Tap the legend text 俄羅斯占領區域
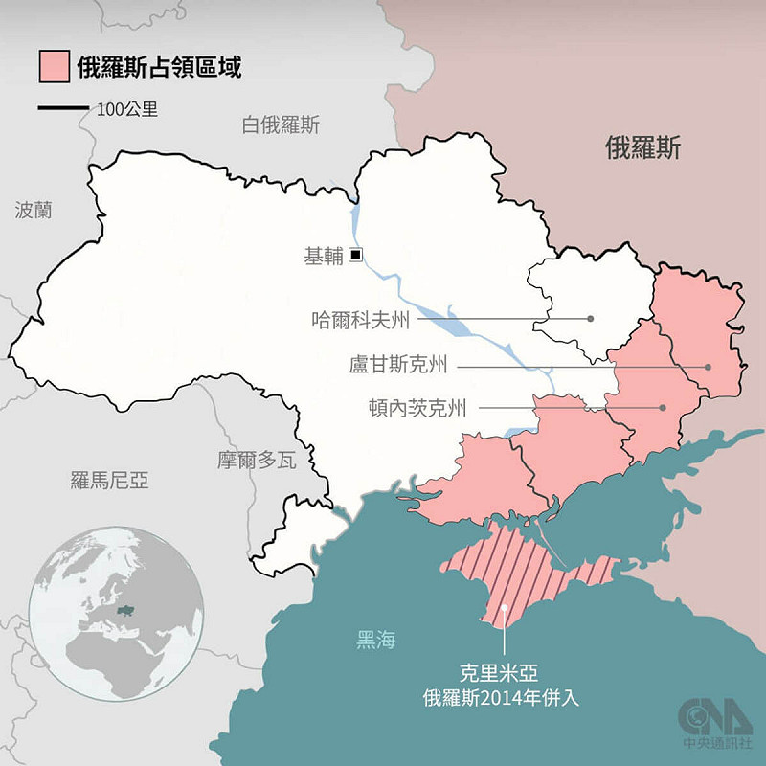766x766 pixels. [x=159, y=68]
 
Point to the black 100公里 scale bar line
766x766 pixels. [x=63, y=108]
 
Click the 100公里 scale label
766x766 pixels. [x=127, y=109]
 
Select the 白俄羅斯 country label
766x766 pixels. [x=281, y=125]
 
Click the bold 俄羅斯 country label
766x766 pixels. [x=642, y=148]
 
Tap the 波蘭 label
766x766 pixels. [x=34, y=210]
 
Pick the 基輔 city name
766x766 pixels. [x=322, y=256]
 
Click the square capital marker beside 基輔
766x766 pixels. [x=355, y=255]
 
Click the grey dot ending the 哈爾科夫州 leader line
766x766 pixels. [x=591, y=319]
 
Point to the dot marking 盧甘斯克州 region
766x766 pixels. [x=708, y=366]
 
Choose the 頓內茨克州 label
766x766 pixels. [x=417, y=409]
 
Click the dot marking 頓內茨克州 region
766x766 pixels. [x=662, y=408]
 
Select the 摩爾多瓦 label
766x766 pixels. [x=256, y=461]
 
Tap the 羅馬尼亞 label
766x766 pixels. [x=110, y=480]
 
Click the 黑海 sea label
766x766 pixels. [x=375, y=641]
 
